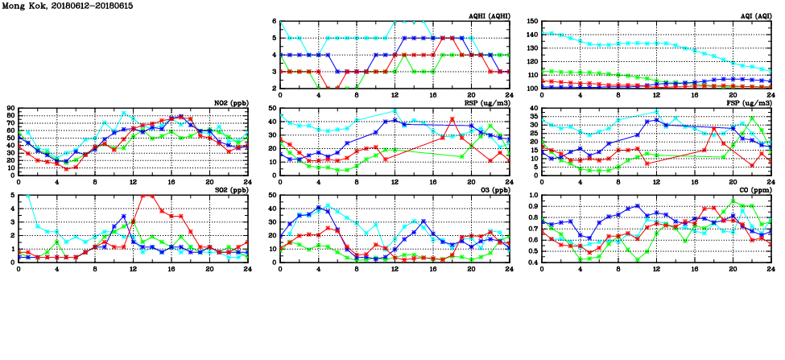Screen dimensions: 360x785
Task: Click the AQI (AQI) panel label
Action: click(x=754, y=16)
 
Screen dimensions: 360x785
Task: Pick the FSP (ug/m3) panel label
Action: click(x=750, y=103)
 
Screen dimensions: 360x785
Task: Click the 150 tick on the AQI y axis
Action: click(x=533, y=21)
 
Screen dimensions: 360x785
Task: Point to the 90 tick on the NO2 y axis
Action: click(x=10, y=108)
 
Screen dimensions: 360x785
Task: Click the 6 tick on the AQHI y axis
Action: click(x=275, y=21)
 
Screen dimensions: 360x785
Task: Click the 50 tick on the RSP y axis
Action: click(x=273, y=108)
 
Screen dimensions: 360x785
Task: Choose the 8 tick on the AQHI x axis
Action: click(x=357, y=95)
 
